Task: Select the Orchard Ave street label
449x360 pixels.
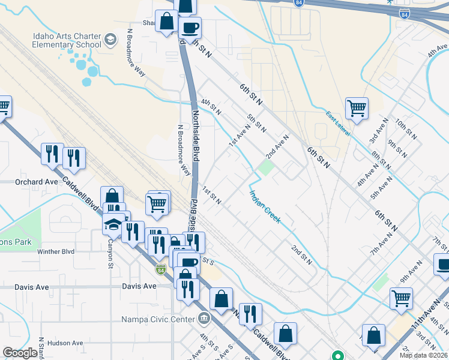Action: (38, 181)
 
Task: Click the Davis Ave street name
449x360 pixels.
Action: (139, 286)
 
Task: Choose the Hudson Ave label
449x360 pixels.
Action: (65, 343)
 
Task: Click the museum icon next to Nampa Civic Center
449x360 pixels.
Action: (205, 317)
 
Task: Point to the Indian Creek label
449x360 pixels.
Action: (265, 206)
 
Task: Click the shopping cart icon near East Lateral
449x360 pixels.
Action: (357, 109)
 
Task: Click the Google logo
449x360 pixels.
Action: (20, 353)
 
